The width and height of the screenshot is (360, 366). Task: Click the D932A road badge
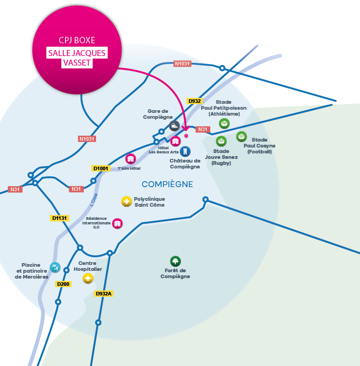coord(104,294)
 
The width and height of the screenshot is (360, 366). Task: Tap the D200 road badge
coord(64,284)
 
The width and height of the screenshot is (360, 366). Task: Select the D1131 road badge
coord(59,218)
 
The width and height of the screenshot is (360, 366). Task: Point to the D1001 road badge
coord(101,168)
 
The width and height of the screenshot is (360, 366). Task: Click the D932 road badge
coord(194,101)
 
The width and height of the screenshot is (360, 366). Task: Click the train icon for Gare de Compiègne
coord(174,126)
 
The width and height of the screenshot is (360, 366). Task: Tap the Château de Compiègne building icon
coord(185,151)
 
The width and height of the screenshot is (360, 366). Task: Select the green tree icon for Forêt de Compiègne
coord(175,261)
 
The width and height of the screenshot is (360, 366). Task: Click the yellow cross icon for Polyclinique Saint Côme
coord(127,201)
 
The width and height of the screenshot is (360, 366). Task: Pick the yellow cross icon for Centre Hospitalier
coord(88,278)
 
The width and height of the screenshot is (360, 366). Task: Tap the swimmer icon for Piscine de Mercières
coord(55,267)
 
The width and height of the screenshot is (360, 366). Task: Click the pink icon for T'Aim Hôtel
coord(131,159)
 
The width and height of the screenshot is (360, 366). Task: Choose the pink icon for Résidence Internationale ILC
coord(117,223)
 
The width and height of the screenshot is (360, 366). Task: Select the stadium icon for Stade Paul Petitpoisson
coord(224,123)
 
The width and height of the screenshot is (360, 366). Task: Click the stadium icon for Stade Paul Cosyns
coord(241,136)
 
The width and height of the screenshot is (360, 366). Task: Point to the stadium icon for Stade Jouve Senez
coord(221,141)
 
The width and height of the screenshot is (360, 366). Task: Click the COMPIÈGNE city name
coord(167,184)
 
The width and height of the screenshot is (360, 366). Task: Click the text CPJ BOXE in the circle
coord(77,41)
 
